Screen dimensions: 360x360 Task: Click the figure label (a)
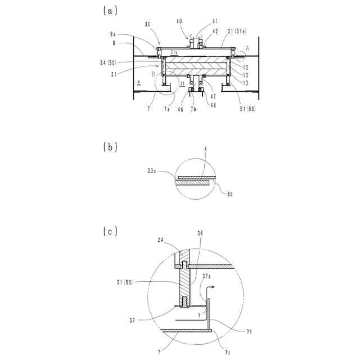coord(110,10)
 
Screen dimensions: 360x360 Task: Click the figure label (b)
coord(110,147)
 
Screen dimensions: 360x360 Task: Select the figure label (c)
coord(110,231)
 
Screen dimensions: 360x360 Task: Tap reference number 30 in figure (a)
coord(148,24)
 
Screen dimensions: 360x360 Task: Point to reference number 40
coord(179,21)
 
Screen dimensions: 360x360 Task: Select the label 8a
coord(129,34)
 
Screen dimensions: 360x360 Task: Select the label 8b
coord(229,193)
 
